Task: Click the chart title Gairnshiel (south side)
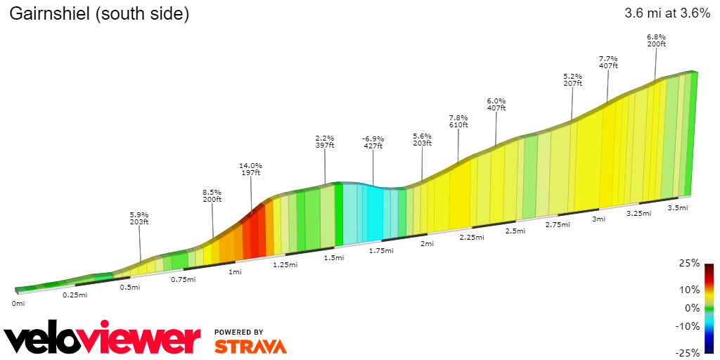(99, 14)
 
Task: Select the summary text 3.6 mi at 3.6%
(667, 13)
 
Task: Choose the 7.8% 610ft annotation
(458, 121)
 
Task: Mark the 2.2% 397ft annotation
(325, 141)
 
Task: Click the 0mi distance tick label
(18, 303)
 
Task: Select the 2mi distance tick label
(427, 243)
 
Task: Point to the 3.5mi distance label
(677, 207)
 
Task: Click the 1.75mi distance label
(380, 250)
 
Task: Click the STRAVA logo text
(250, 346)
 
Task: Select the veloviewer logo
(103, 340)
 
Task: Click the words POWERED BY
(239, 332)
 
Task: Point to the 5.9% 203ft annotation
(139, 218)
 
